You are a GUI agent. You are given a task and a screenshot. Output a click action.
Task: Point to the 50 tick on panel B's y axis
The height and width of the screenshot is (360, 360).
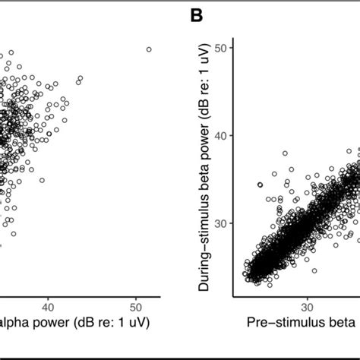[220, 48]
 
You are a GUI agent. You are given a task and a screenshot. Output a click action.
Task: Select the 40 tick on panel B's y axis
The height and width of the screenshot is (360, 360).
[220, 135]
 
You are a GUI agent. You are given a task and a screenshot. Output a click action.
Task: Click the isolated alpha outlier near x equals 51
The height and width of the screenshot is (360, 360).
[148, 49]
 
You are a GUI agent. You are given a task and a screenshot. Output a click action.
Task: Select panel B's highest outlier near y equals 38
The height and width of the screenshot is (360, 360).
[286, 153]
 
